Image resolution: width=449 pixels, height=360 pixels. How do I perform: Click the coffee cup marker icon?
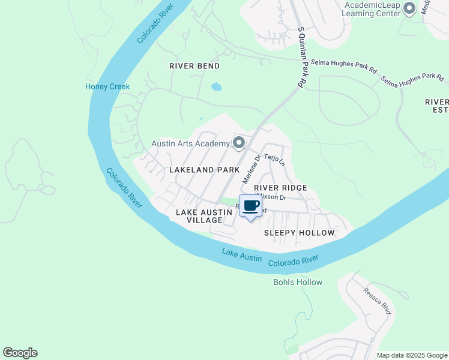tap(250, 206)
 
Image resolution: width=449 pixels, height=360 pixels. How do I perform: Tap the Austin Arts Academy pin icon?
tap(239, 143)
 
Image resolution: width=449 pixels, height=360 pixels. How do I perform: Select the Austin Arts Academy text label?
tap(190, 143)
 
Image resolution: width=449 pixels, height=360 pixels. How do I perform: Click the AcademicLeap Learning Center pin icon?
tap(410, 8)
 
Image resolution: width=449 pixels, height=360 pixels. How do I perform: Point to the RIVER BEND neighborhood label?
tap(194, 66)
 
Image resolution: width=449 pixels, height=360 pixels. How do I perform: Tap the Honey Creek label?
tap(107, 86)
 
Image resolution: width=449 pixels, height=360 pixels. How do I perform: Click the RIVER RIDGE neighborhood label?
tap(280, 188)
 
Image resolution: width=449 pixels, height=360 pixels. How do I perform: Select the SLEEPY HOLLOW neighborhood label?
tap(299, 232)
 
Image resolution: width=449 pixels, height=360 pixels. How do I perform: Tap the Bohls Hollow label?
tap(298, 282)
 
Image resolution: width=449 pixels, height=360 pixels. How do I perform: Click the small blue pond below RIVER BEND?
tap(216, 87)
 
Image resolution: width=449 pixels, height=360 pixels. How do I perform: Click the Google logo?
tap(20, 353)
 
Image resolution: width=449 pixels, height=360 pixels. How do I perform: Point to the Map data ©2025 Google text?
tap(411, 355)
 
